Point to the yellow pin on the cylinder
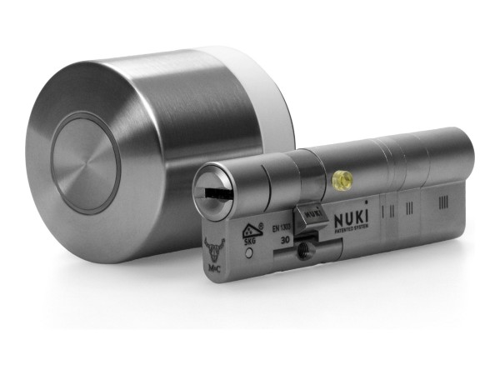point(339,178)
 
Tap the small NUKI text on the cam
point(313,213)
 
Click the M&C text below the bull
point(215,267)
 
